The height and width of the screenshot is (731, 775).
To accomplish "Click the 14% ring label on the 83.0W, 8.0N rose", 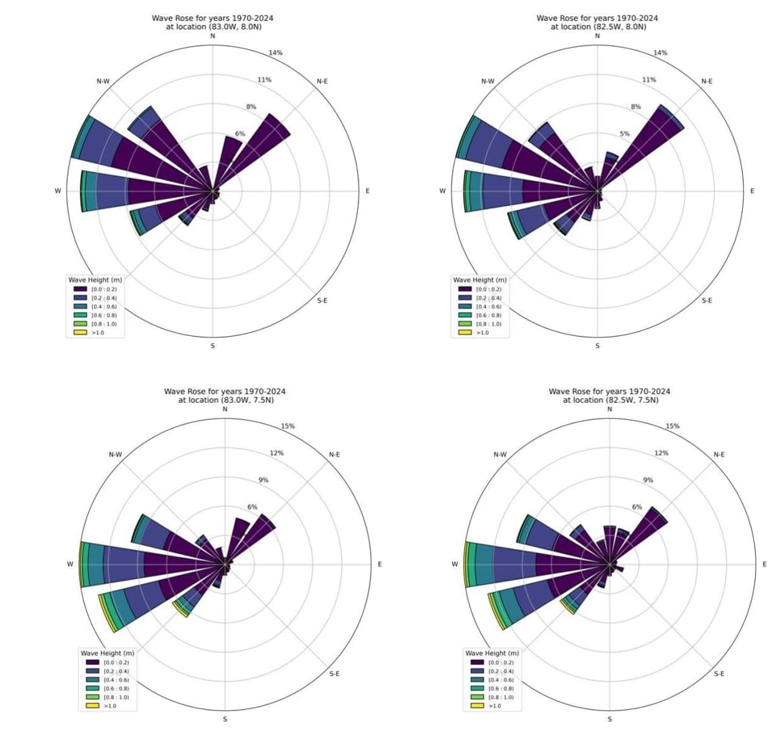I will pos(276,53).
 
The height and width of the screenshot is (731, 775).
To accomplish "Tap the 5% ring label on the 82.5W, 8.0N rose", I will pos(625,134).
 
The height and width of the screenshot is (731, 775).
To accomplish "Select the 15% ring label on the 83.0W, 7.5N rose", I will pos(288,427).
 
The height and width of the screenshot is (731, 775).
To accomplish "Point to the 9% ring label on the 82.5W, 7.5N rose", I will pos(648,480).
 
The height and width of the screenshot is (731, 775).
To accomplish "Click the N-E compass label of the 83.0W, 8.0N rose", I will pos(322,81).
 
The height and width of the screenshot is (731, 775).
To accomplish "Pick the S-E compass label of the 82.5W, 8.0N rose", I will pos(707,301).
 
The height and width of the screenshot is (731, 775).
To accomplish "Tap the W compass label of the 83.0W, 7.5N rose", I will pos(70,564).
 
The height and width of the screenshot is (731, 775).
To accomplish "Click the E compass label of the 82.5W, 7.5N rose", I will pos(764,564).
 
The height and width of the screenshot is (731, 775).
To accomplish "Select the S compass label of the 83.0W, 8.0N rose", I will pos(212,346).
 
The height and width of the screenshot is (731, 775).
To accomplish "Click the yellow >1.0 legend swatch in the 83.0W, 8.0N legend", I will pos(80,332).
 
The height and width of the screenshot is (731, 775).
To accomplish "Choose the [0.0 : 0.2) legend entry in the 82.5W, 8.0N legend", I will pos(488,290).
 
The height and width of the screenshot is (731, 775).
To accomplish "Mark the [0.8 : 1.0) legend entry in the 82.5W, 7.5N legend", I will pos(500,697).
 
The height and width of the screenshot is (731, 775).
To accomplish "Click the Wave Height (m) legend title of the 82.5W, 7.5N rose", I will pos(491,653).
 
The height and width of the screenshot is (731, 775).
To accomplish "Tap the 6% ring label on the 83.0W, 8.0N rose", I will pos(240,134).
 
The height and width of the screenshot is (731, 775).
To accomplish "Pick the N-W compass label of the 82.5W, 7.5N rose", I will pos(500,455).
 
